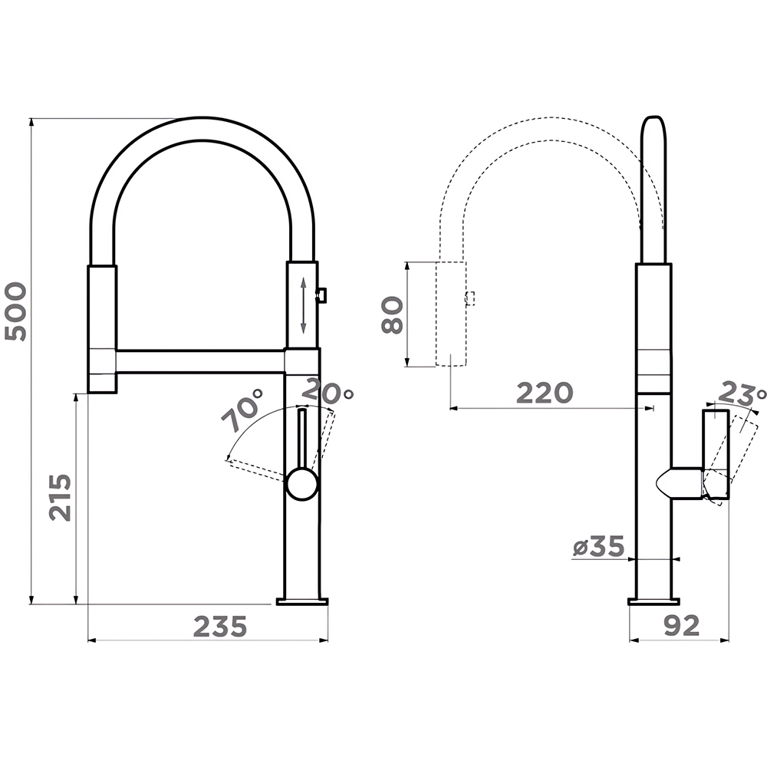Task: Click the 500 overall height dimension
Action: click(x=15, y=311)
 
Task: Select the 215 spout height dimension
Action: click(x=60, y=497)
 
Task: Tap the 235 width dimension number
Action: click(x=220, y=627)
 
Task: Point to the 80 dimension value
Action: click(x=392, y=315)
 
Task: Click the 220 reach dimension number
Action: click(x=545, y=393)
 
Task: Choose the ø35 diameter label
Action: click(x=599, y=546)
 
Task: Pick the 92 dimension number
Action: click(x=681, y=626)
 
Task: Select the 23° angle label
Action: click(x=742, y=392)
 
